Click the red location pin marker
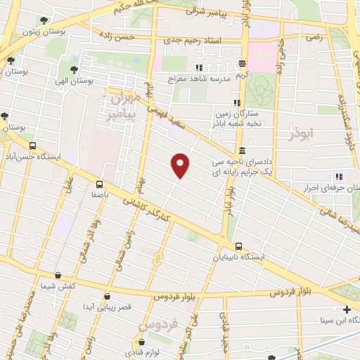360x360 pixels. [181, 165]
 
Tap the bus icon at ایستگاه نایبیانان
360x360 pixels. [238, 246]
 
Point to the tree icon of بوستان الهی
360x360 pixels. [74, 70]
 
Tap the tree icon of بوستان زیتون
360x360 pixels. [45, 20]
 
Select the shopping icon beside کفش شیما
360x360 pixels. [57, 275]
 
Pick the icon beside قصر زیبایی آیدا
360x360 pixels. [107, 297]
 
